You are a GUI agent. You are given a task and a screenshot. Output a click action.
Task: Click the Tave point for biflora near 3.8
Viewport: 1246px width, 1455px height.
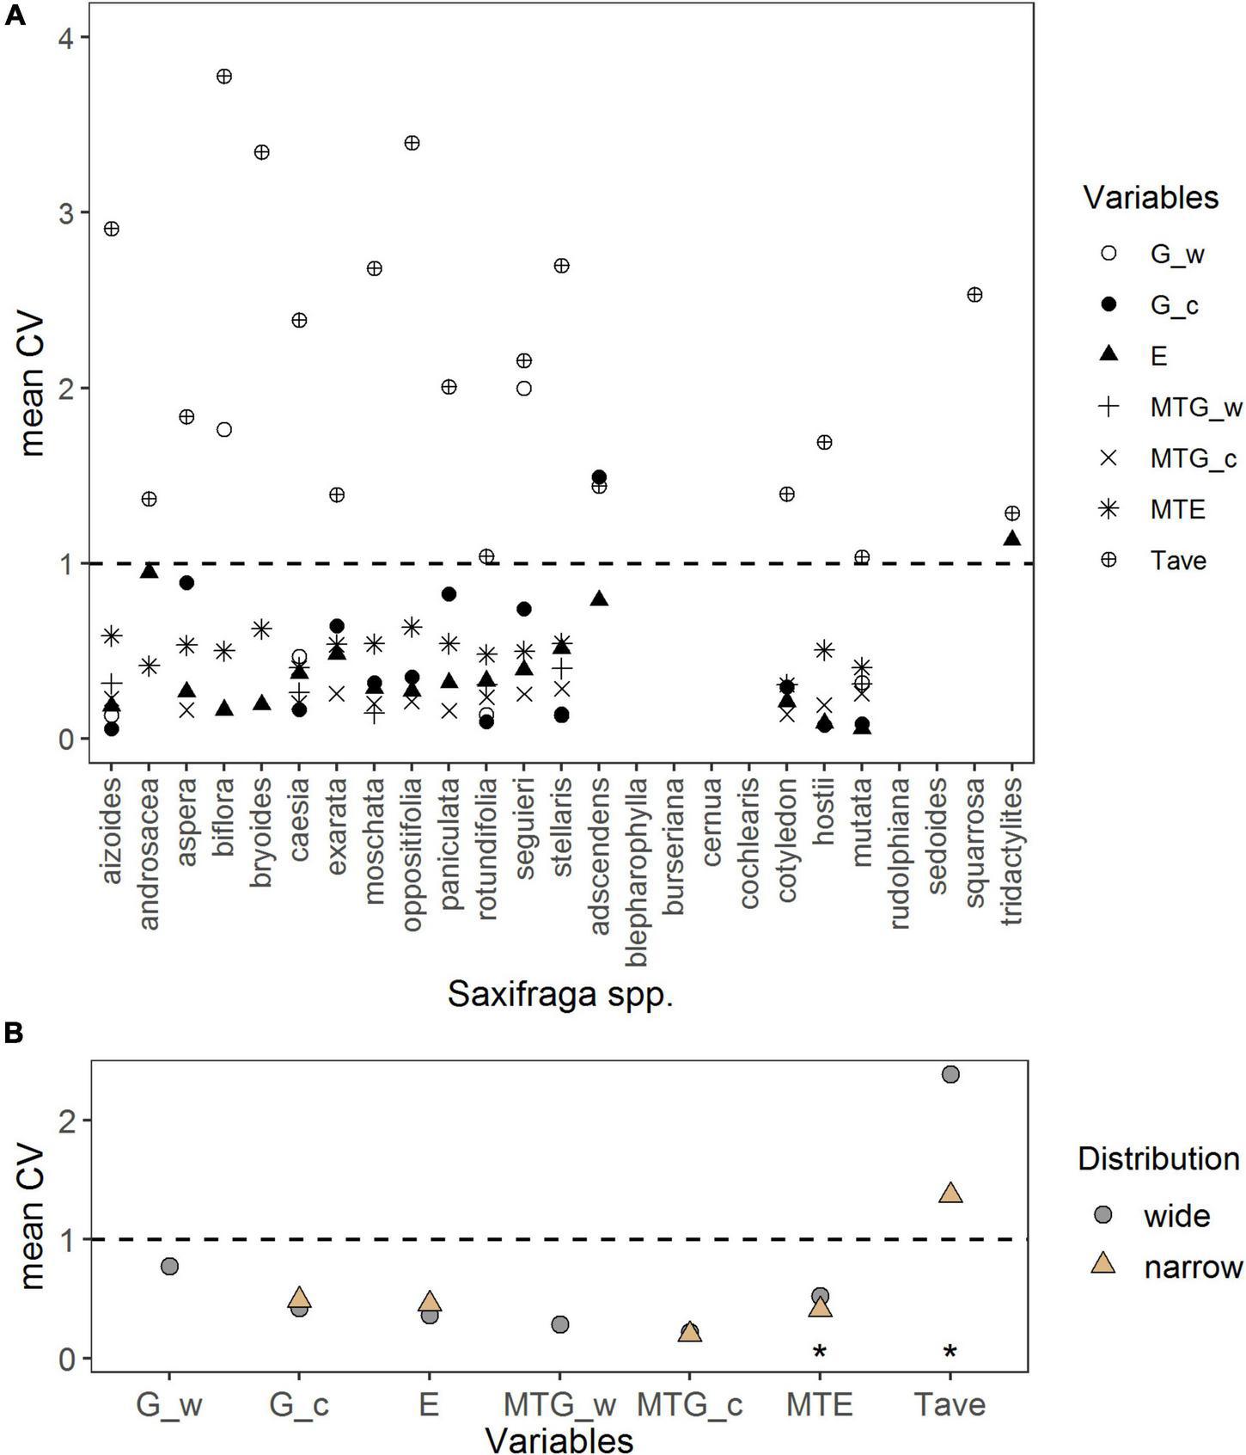click(x=224, y=76)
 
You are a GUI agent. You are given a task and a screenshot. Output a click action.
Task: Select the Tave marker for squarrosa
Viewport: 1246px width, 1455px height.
click(x=974, y=295)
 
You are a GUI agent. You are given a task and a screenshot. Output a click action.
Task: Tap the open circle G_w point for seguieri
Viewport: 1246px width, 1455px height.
click(x=523, y=389)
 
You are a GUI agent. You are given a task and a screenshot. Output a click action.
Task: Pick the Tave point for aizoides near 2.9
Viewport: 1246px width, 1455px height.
click(x=111, y=229)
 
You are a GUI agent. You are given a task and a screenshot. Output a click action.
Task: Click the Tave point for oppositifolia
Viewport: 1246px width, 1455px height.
click(x=412, y=143)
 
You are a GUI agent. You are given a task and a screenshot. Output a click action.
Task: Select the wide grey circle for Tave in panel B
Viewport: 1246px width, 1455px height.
click(x=950, y=1074)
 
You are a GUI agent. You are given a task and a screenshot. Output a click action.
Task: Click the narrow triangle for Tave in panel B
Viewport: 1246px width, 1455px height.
click(x=950, y=1194)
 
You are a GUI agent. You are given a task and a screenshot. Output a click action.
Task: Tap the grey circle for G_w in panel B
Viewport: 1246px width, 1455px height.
click(x=169, y=1267)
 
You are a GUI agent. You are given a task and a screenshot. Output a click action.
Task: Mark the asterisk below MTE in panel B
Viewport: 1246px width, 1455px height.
click(x=820, y=1353)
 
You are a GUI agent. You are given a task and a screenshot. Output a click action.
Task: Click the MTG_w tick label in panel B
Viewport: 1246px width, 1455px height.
click(x=559, y=1404)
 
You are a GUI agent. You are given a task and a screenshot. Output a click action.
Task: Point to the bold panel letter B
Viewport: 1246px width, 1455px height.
click(x=14, y=1034)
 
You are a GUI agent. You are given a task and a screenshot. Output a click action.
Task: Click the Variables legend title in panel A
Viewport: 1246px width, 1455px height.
click(x=1151, y=198)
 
